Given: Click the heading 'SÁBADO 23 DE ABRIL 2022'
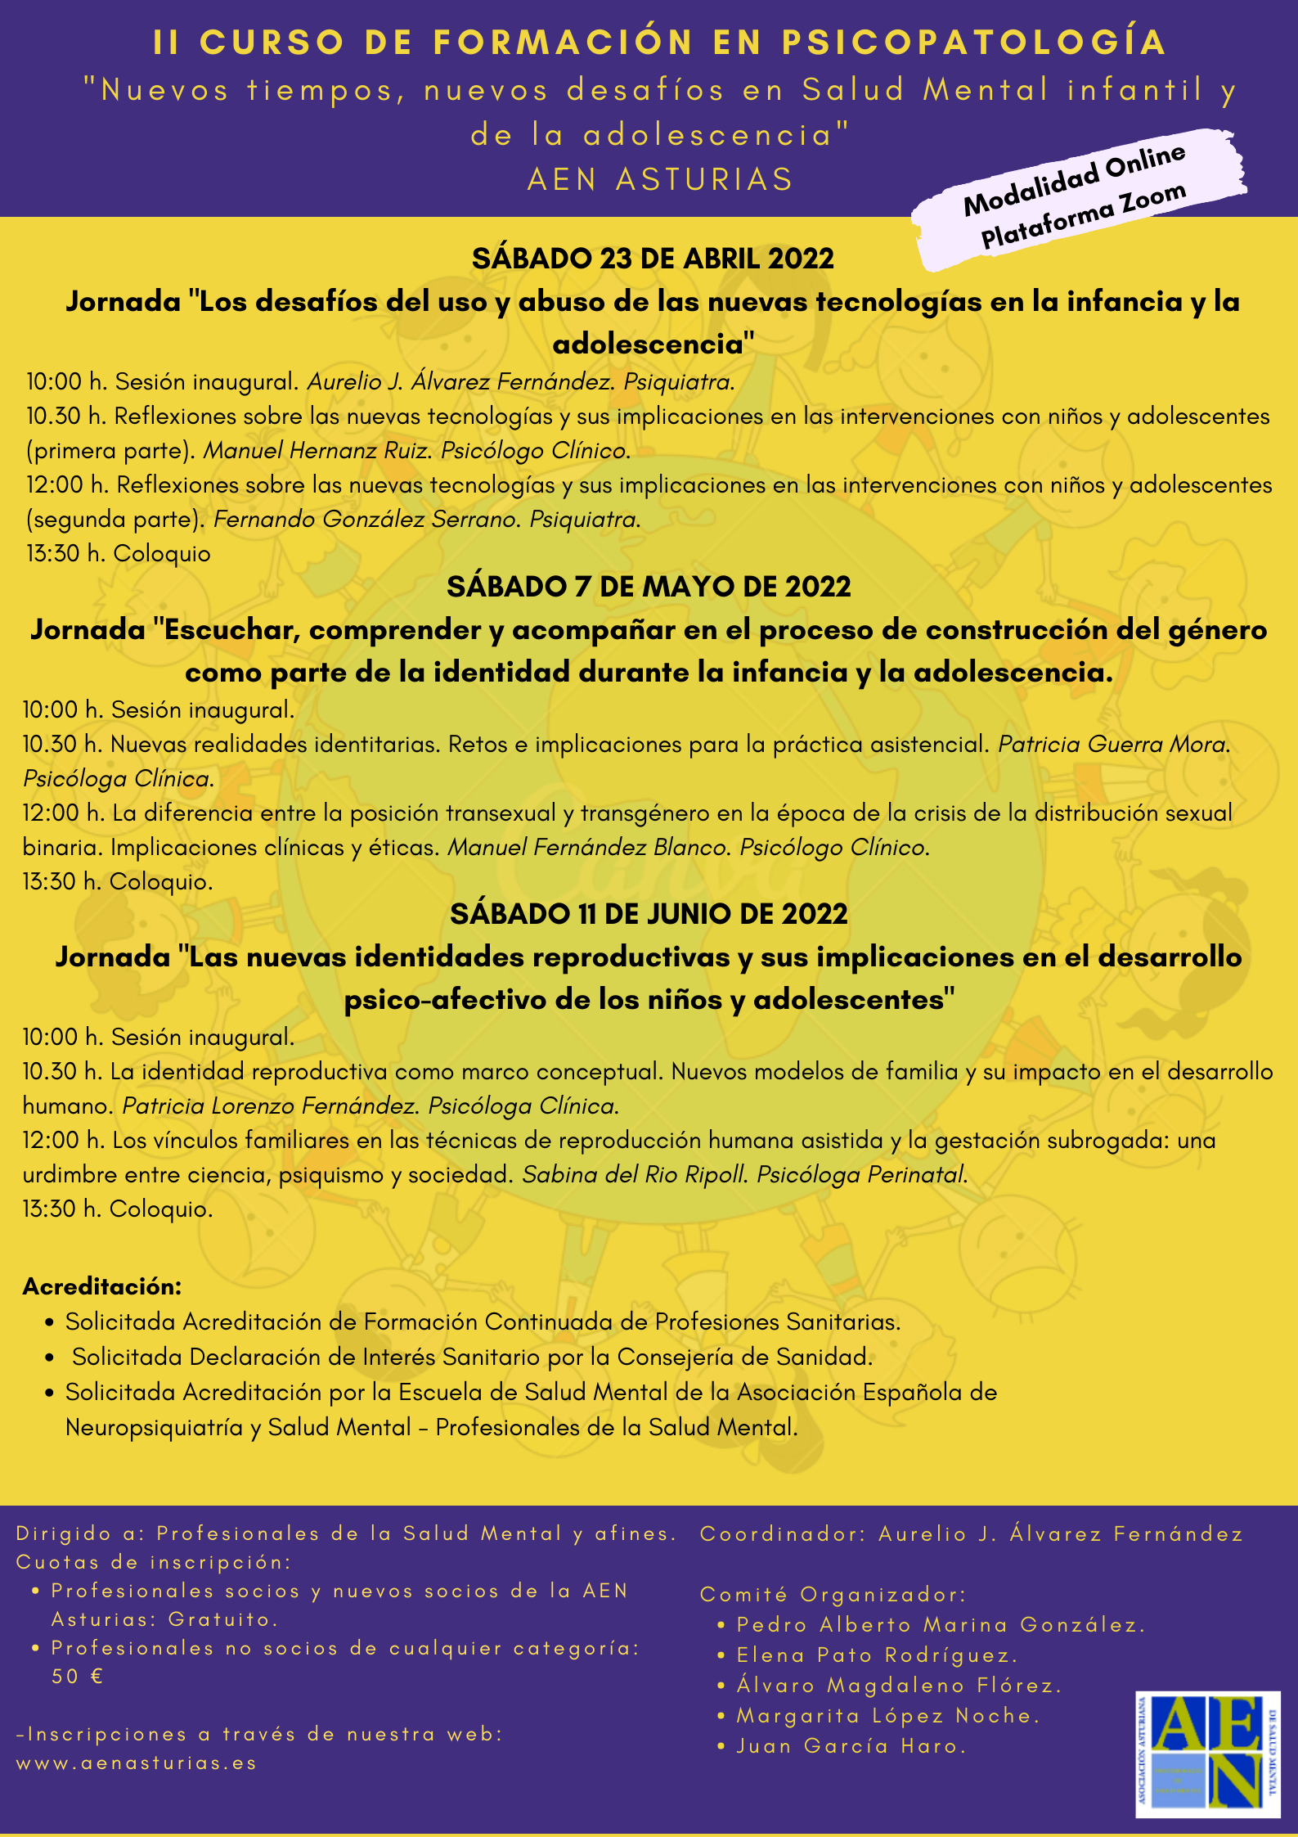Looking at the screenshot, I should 653,259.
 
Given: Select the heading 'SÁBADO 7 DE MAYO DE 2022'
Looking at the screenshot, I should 649,586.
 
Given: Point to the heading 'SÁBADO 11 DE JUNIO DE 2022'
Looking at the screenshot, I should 649,913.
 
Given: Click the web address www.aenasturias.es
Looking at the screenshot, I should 137,1763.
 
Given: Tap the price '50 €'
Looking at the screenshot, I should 78,1677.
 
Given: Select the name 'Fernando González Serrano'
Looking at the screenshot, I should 366,520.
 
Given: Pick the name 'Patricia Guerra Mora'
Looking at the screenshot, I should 1112,745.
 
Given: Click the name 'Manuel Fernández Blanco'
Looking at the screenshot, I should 587,847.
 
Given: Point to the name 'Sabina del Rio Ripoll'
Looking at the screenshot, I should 634,1175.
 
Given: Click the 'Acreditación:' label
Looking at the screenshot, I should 102,1286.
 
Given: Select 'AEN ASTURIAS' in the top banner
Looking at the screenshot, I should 661,179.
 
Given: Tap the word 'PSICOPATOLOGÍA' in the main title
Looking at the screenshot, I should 973,43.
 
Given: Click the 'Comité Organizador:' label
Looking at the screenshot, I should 833,1594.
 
